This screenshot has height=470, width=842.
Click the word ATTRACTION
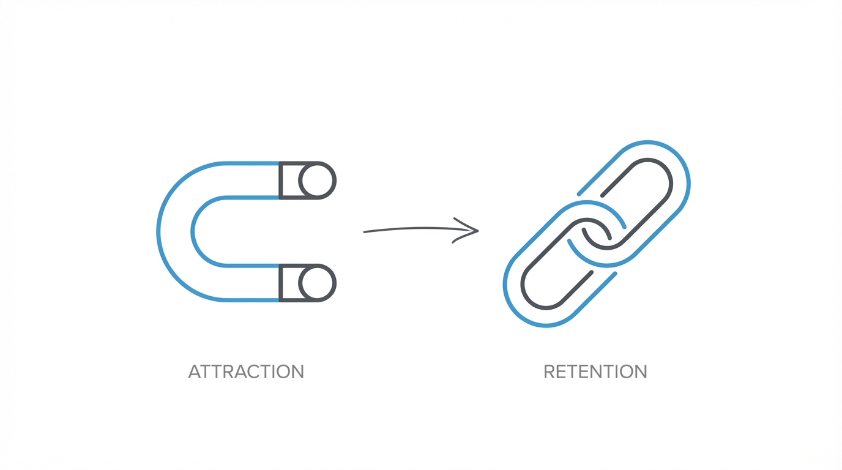tap(246, 371)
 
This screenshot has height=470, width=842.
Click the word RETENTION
tap(595, 371)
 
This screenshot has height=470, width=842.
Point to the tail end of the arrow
tap(365, 232)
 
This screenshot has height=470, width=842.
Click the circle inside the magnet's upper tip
tap(316, 181)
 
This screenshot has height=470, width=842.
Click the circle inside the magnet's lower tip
tap(316, 283)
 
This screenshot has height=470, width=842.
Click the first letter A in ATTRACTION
tap(195, 371)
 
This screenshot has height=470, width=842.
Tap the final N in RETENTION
tap(640, 371)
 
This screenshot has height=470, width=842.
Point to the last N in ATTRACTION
tap(297, 371)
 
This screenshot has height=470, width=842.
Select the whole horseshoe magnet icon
tap(245, 231)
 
